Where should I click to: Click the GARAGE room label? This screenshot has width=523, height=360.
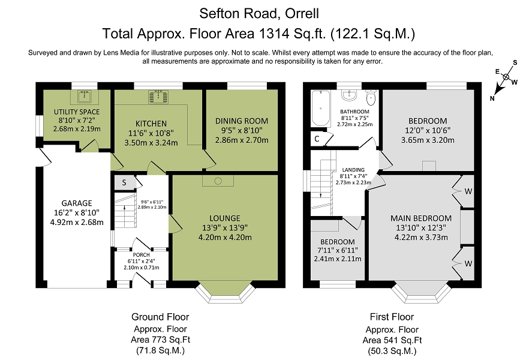point(77,203)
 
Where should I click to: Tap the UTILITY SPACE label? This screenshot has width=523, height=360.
point(77,112)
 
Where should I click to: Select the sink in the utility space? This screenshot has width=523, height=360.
point(85,97)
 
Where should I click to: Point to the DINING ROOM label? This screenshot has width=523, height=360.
point(242,121)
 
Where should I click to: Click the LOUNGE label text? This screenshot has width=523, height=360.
point(225,218)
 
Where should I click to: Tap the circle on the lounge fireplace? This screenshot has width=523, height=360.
point(218,181)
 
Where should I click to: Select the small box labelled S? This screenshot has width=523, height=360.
point(124,182)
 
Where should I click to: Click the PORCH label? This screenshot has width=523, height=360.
point(142,255)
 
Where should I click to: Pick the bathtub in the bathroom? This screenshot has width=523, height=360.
point(320,108)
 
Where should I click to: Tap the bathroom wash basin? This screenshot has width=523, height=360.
point(349,95)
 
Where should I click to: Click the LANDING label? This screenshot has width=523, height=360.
point(353,170)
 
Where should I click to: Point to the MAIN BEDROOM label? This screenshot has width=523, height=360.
point(421,218)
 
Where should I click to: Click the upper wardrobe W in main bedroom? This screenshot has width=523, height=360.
point(468,191)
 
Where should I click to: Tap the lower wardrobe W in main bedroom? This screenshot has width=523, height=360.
point(468,263)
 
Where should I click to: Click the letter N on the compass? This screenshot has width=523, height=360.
point(492,98)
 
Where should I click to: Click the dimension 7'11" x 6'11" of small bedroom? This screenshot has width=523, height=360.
point(337,250)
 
